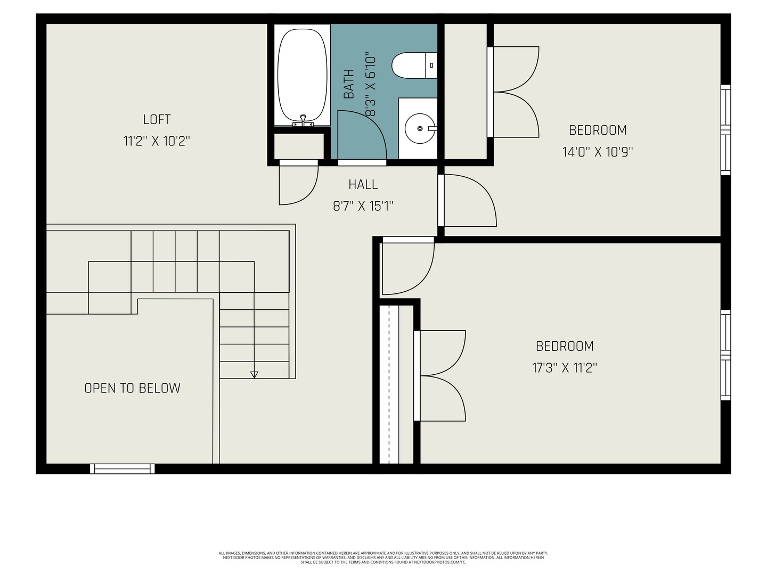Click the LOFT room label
tap(157, 119)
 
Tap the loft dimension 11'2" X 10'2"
tap(157, 142)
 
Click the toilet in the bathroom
tap(414, 65)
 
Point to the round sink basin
tap(420, 128)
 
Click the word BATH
tap(349, 84)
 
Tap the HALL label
tap(363, 184)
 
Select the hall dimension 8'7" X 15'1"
tap(363, 207)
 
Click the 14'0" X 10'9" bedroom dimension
tap(598, 152)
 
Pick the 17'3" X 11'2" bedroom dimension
tap(565, 367)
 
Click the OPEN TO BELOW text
tap(133, 388)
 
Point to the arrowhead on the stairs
tap(255, 375)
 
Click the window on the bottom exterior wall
tap(123, 469)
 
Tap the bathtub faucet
tap(303, 120)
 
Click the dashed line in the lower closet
tap(389, 384)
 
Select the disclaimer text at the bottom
tap(383, 557)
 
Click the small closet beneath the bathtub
tap(299, 146)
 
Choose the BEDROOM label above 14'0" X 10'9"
tap(598, 130)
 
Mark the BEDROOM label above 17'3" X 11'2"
tap(565, 346)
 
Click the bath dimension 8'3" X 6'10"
tap(370, 84)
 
